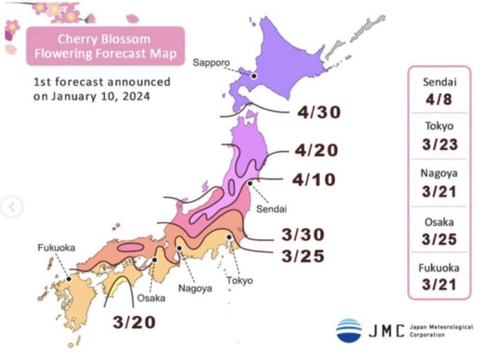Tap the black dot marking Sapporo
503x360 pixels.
254,75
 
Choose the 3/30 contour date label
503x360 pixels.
303,234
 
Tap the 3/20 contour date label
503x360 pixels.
134,322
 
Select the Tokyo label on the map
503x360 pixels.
239,281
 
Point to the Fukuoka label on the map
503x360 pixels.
56,247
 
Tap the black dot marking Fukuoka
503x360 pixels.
68,279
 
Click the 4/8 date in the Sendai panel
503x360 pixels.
439,99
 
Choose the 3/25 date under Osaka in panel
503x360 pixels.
439,238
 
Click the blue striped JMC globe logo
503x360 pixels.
349,330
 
